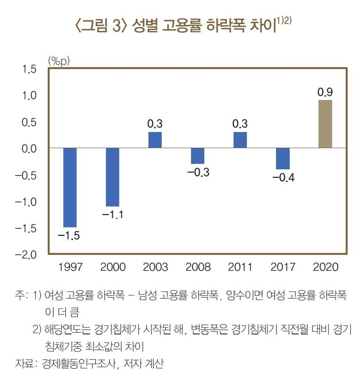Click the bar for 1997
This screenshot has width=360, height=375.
click(x=70, y=187)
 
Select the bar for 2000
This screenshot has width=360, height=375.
click(x=112, y=177)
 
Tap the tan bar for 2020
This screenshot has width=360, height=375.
click(x=325, y=124)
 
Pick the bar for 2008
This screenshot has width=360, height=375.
click(x=198, y=156)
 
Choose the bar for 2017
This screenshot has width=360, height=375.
click(x=283, y=158)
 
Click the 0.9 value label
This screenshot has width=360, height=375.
click(x=325, y=92)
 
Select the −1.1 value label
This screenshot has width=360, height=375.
click(x=112, y=215)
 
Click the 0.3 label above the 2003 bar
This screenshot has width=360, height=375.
click(x=155, y=124)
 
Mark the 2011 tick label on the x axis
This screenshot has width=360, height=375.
click(x=240, y=267)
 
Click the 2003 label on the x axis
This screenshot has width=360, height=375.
click(x=155, y=267)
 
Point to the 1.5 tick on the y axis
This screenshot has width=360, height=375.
click(x=29, y=69)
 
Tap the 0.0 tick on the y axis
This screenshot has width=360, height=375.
click(x=29, y=149)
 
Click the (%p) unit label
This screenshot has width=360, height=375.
click(x=59, y=60)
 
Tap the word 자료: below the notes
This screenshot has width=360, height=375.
click(x=25, y=363)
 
